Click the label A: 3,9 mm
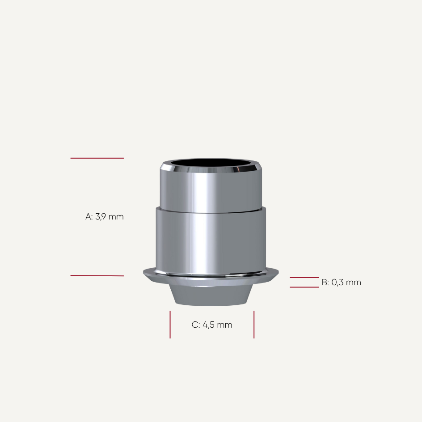(105, 217)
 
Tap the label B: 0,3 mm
(341, 283)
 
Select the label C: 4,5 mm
(212, 325)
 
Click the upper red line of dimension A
(97, 158)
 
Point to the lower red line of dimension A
(97, 275)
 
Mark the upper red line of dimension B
(304, 278)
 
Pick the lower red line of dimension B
(304, 287)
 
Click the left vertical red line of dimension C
(170, 325)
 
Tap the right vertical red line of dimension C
(254, 325)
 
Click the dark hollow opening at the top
(211, 163)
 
